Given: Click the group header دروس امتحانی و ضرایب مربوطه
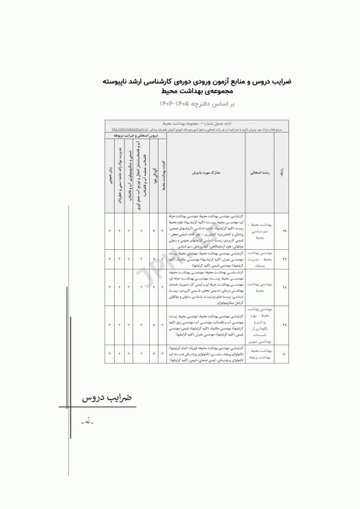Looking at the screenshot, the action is (x=136, y=135).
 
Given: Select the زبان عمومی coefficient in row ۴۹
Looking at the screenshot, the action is (x=110, y=325).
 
